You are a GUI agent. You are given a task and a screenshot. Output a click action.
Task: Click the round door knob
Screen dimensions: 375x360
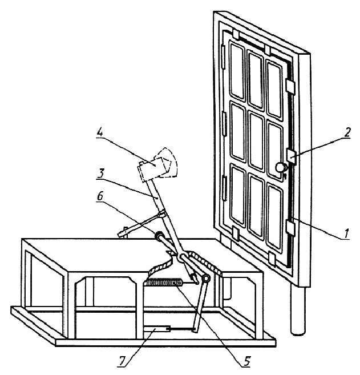coord(280,167)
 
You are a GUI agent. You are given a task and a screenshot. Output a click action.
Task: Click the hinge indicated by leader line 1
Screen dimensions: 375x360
coord(290,227)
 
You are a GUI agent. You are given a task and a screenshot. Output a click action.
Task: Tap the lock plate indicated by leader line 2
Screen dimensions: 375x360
coord(290,156)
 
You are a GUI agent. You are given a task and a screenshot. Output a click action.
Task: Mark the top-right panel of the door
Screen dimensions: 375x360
coord(274,85)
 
